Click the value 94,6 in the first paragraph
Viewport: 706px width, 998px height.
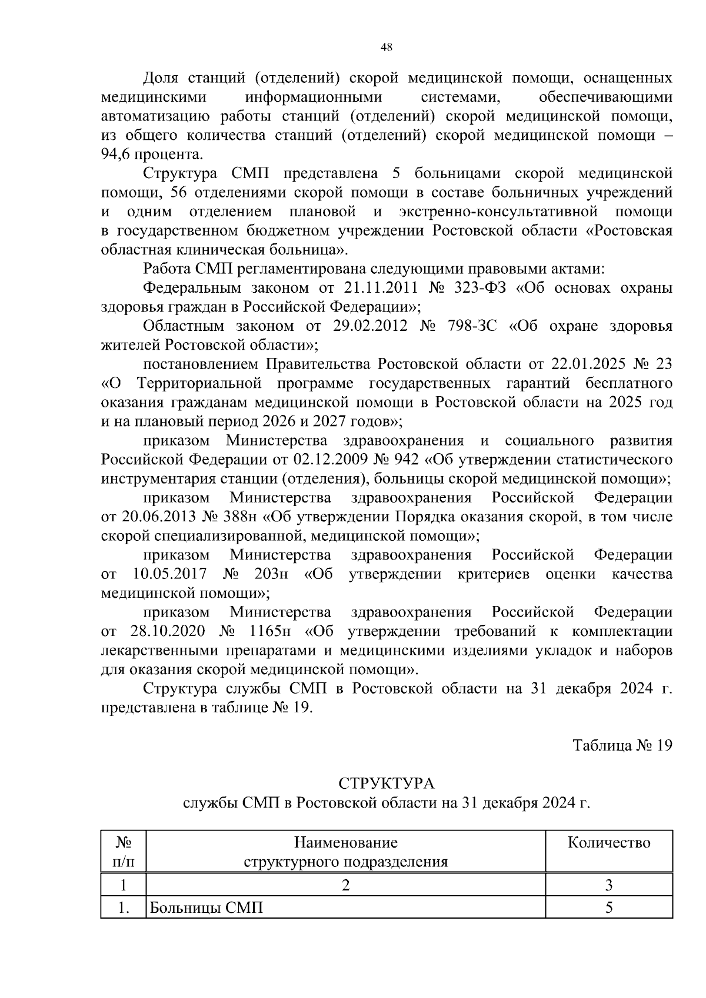click(x=116, y=155)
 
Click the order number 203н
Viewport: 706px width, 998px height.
click(x=270, y=574)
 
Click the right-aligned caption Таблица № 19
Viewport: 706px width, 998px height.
click(x=622, y=745)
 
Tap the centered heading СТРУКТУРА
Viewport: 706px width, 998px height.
click(x=386, y=783)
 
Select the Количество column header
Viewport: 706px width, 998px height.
click(x=609, y=843)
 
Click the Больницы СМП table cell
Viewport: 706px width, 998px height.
click(x=206, y=907)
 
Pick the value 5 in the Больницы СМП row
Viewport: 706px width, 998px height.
click(x=609, y=907)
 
